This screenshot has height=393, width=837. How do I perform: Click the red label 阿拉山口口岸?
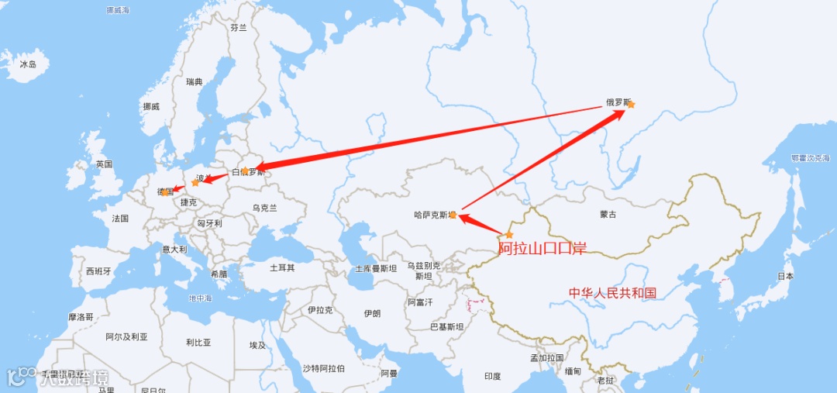542,249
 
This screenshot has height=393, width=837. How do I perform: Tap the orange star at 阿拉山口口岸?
509,235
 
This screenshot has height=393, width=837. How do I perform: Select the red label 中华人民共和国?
612,293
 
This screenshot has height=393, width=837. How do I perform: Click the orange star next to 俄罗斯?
631,105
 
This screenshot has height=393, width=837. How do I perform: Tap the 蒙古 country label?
608,214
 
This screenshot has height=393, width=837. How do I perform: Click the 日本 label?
785,276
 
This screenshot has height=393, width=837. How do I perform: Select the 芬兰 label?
238,27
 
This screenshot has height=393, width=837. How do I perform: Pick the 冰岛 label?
28,64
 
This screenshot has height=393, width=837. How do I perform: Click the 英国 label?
104,164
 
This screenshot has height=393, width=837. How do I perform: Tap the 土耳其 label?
282,267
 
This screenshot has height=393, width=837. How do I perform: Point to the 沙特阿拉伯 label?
324,368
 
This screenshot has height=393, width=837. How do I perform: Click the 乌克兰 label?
264,208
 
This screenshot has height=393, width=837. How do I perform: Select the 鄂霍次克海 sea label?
810,158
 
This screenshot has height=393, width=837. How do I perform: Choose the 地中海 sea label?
200,298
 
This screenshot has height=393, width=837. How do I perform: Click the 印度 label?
493,376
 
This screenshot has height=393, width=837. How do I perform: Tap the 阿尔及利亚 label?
126,337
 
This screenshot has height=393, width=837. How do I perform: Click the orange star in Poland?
195,183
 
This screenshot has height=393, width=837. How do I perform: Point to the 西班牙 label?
98,271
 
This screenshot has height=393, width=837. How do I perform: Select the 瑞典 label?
194,81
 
